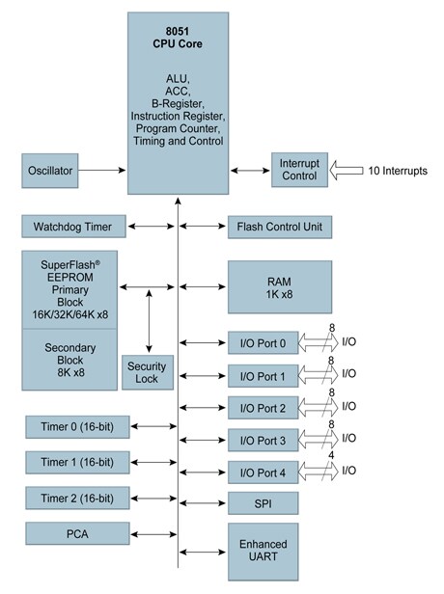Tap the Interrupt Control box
[x=300, y=171]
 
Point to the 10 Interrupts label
[x=399, y=171]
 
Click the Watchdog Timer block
[x=74, y=227]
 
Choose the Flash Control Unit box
[x=280, y=227]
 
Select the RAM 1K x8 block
[x=280, y=286]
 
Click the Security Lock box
[x=148, y=371]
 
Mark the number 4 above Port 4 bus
[x=331, y=456]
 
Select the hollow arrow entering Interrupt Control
[x=346, y=171]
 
